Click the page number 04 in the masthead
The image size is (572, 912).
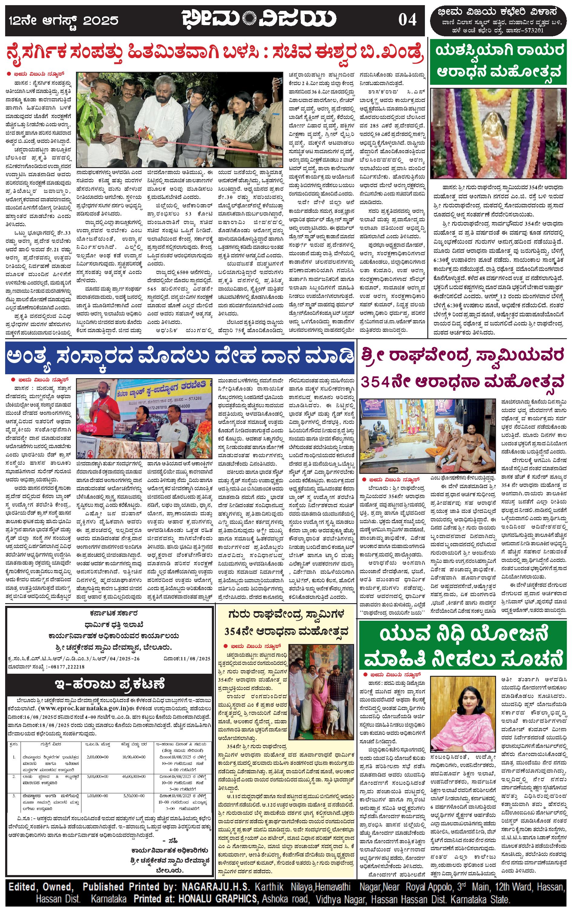click(407, 20)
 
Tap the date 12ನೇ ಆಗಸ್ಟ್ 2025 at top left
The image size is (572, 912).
click(64, 20)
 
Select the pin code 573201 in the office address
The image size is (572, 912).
click(533, 31)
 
